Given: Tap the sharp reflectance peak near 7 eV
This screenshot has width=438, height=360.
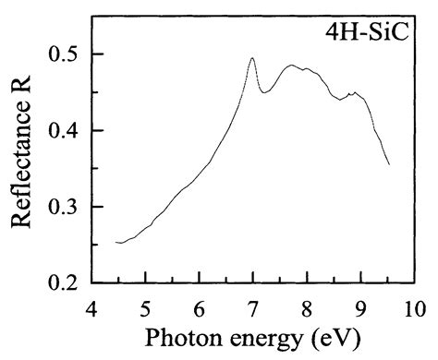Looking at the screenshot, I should [x=252, y=58].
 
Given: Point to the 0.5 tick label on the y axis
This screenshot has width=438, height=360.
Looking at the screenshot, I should [x=64, y=54].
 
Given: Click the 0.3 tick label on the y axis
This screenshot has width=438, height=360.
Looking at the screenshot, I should [x=64, y=207].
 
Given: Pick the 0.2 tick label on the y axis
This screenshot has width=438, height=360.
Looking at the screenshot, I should [x=64, y=282].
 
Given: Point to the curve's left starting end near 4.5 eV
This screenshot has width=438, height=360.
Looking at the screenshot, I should [x=116, y=242].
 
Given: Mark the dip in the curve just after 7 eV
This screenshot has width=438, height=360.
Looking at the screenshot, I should [x=262, y=92].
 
